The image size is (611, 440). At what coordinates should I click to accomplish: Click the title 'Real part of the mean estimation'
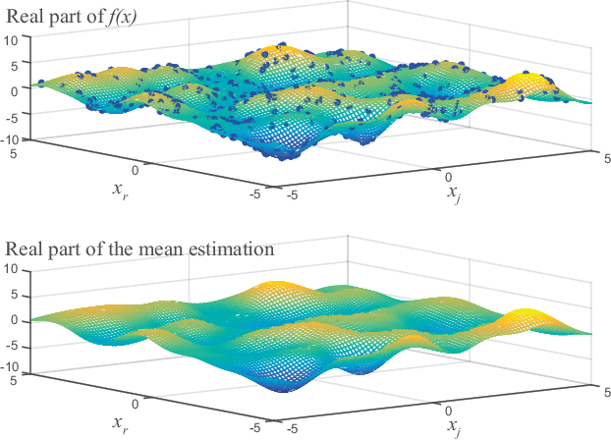coord(139,248)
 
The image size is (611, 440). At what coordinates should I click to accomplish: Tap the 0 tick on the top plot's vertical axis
coord(14,89)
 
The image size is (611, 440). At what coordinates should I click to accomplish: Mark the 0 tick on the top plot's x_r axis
coord(147,169)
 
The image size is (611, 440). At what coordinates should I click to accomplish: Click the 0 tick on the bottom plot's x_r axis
coord(147,402)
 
